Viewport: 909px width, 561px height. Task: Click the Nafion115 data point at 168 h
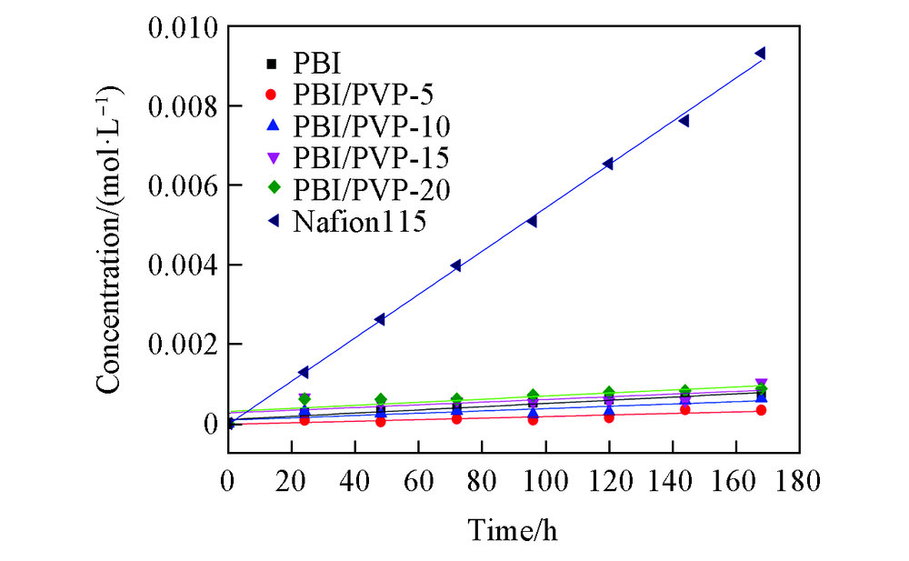[760, 54]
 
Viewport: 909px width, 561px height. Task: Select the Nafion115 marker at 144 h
[684, 121]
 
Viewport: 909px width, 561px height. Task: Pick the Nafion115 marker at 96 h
[532, 221]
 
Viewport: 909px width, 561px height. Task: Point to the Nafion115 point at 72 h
[455, 265]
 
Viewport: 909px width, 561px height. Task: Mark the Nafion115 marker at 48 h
[379, 319]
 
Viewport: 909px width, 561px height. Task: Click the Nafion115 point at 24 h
[304, 372]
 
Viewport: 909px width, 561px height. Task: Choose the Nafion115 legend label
[360, 221]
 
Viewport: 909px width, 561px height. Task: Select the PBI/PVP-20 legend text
[372, 189]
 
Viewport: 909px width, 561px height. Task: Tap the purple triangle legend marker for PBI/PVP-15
[270, 157]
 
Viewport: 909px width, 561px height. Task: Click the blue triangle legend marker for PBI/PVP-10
[270, 125]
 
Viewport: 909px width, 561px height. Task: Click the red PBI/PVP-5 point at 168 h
[760, 410]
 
